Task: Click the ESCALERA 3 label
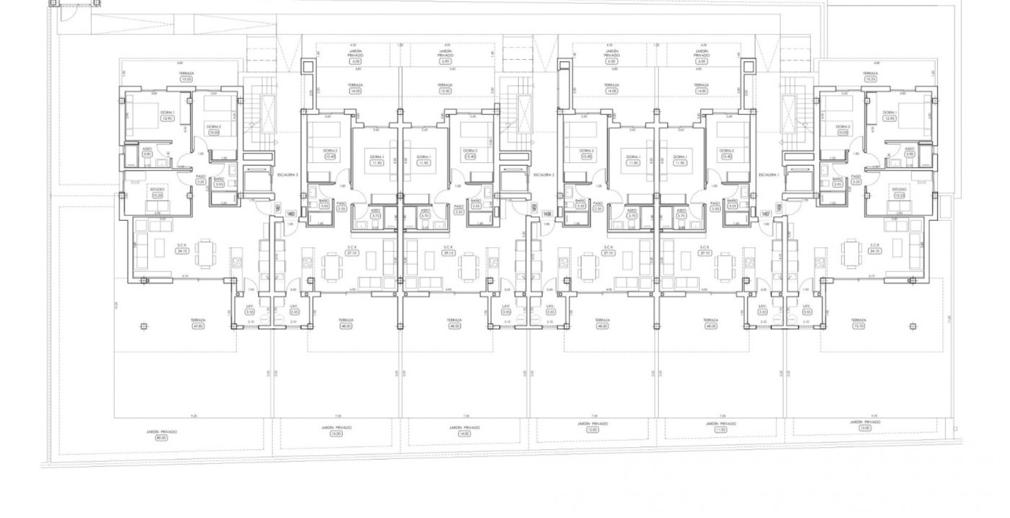pyautogui.click(x=288, y=175)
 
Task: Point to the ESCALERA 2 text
pyautogui.click(x=544, y=175)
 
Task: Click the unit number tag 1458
pyautogui.click(x=547, y=213)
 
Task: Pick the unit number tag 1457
pyautogui.click(x=766, y=213)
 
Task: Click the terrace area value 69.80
pyautogui.click(x=198, y=326)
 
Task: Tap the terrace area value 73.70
pyautogui.click(x=858, y=326)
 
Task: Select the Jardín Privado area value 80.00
pyautogui.click(x=162, y=438)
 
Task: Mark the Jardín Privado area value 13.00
pyautogui.click(x=336, y=434)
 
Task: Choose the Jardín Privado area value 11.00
pyautogui.click(x=720, y=430)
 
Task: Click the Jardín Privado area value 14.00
pyautogui.click(x=464, y=434)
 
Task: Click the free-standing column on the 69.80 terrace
pyautogui.click(x=144, y=326)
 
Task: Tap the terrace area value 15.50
pyautogui.click(x=445, y=91)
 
